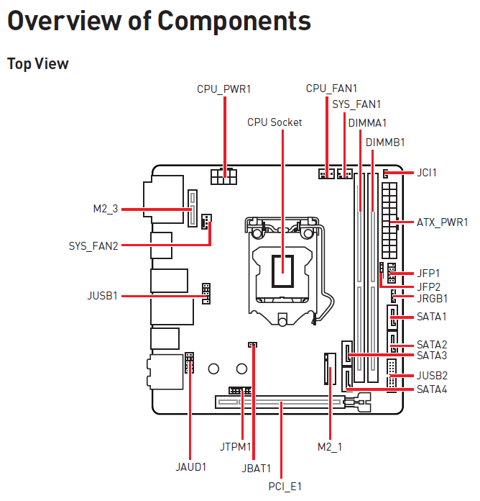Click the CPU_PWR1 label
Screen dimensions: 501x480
(224, 89)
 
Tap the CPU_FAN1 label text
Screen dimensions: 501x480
(331, 88)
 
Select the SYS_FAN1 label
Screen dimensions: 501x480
(356, 104)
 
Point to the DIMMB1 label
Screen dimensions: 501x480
(385, 142)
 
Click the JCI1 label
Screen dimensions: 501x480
(427, 173)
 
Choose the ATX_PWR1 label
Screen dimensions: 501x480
(442, 222)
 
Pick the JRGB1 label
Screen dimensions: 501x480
(432, 297)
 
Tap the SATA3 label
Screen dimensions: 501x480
(432, 355)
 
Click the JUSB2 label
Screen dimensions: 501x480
(432, 375)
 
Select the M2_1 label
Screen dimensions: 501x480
(330, 446)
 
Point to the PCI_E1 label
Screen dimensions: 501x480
(285, 486)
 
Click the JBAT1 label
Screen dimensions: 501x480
(257, 467)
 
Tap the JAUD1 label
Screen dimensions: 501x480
(190, 466)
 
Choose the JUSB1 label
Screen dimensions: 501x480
(103, 295)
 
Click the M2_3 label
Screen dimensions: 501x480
(105, 209)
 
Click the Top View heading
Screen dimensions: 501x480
(38, 63)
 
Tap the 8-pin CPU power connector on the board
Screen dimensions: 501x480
(223, 176)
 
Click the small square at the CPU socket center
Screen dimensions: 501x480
(282, 270)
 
